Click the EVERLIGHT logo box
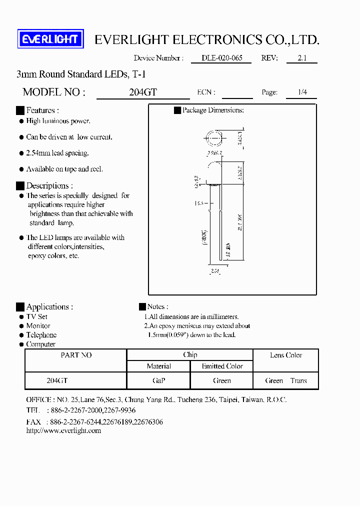(x=50, y=39)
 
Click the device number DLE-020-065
(x=221, y=58)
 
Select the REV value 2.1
(x=301, y=58)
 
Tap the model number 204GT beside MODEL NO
(x=143, y=92)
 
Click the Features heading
(x=42, y=110)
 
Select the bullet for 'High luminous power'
(x=21, y=121)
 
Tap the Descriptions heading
(x=49, y=185)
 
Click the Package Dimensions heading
(x=212, y=110)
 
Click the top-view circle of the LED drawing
(x=213, y=137)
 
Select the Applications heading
(x=49, y=307)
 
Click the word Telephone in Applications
(x=41, y=335)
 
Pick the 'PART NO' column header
(x=76, y=355)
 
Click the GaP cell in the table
(x=158, y=380)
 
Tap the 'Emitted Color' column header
(x=222, y=366)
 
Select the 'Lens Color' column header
(x=286, y=355)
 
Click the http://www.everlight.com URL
(x=63, y=430)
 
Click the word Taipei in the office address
(x=230, y=400)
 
